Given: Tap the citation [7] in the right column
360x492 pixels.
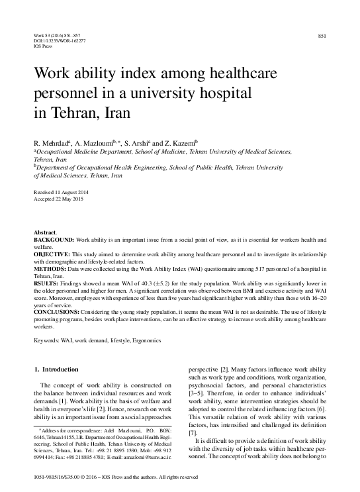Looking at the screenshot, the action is click(193, 433).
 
